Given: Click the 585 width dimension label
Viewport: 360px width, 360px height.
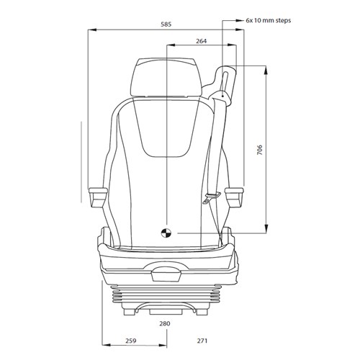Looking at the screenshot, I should click(166, 24).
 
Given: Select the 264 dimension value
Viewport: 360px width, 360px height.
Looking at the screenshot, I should click(202, 42).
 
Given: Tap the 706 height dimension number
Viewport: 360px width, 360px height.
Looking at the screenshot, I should click(259, 150).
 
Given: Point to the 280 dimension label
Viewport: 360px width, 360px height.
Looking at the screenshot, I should click(164, 323).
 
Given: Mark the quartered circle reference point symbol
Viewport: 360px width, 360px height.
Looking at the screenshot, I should click(165, 233).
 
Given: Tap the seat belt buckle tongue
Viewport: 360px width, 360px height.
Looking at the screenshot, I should click(210, 201).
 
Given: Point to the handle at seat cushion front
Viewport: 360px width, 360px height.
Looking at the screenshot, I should click(166, 271).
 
